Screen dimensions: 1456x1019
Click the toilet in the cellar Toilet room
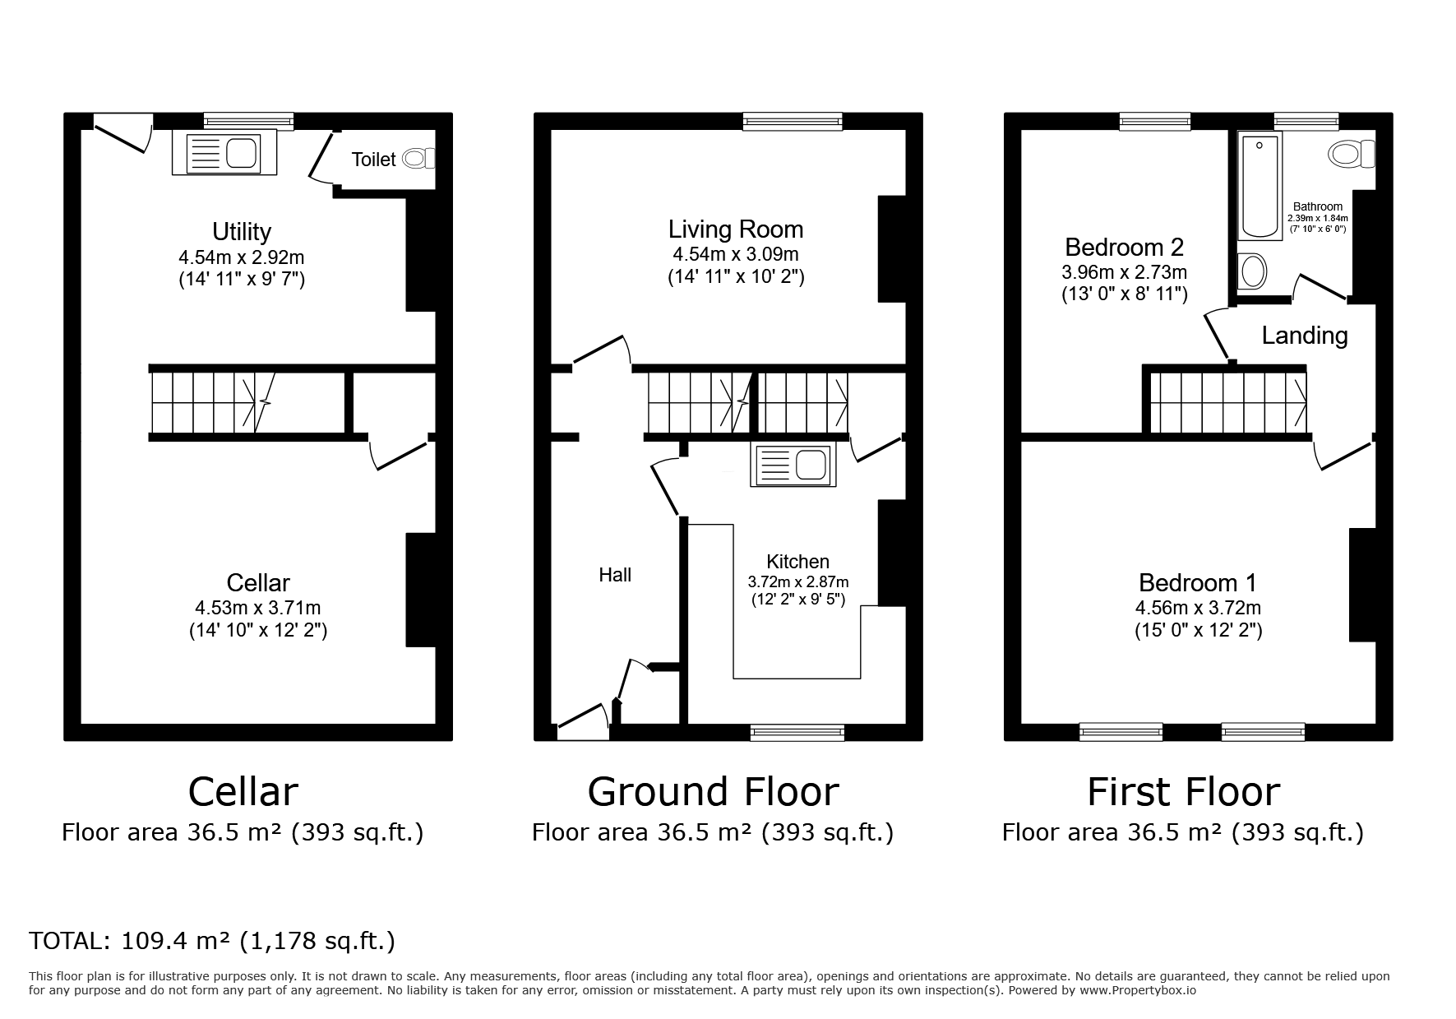(418, 158)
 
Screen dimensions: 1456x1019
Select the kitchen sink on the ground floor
(790, 465)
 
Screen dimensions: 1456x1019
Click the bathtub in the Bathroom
(1260, 187)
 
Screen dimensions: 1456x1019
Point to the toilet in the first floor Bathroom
(1352, 153)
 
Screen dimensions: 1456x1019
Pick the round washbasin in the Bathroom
(1253, 271)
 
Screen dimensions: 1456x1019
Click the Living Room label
(736, 229)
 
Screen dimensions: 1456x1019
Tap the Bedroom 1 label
(1198, 582)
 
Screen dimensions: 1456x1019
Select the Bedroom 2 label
(1124, 247)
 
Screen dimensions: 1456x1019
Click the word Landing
(1305, 336)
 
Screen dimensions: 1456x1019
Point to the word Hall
(615, 575)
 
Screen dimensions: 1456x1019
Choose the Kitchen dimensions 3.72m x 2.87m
(798, 581)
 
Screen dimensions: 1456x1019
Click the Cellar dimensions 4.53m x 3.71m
(258, 609)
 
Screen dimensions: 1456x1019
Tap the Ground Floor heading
(713, 791)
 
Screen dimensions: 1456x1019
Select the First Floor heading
(1184, 791)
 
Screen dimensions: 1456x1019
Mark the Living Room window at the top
(793, 122)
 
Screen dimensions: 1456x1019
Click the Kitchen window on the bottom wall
(797, 732)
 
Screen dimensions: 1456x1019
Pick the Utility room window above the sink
(248, 122)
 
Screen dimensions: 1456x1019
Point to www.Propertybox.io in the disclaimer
(1138, 990)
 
